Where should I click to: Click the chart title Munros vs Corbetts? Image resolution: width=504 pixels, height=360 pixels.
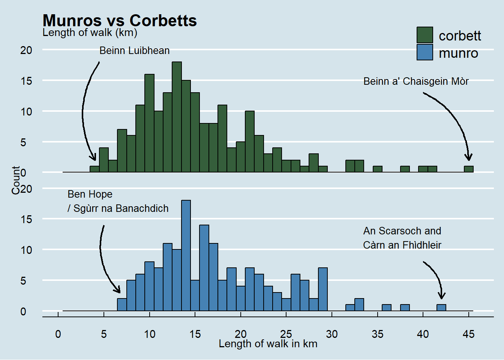click(120, 21)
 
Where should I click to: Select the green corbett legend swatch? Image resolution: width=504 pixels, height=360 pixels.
click(424, 35)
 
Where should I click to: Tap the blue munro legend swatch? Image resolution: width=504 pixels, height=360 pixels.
click(424, 52)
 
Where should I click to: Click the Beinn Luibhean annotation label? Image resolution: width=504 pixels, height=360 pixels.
click(134, 51)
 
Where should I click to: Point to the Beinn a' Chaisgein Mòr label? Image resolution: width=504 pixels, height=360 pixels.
click(416, 81)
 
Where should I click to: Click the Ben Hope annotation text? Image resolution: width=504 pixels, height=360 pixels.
click(90, 194)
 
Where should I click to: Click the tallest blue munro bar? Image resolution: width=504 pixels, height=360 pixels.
click(186, 255)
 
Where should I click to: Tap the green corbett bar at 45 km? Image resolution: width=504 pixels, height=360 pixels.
click(469, 169)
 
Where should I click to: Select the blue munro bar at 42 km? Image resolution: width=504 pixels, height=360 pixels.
click(441, 307)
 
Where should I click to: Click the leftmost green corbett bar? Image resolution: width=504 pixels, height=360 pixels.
click(94, 169)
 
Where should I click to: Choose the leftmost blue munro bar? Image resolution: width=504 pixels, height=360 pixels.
click(122, 304)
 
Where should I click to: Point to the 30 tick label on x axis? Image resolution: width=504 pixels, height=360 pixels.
click(332, 334)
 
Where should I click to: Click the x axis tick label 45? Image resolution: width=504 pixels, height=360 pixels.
click(469, 334)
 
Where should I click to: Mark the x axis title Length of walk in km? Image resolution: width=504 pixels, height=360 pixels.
click(268, 344)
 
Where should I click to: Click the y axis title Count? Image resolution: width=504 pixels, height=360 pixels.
click(16, 180)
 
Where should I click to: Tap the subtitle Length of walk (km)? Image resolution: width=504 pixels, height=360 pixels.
click(90, 33)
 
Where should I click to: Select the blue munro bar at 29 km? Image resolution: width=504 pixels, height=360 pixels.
click(323, 289)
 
